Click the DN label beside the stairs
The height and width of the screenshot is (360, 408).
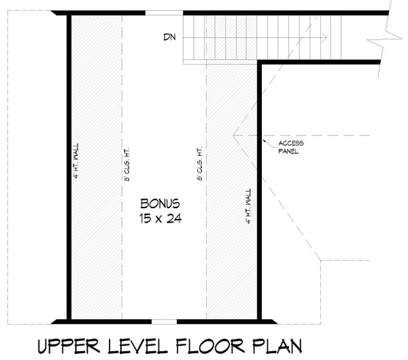coord(170,37)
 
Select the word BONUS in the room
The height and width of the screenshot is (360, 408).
coord(160,203)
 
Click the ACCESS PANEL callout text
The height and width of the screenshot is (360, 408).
coord(290,148)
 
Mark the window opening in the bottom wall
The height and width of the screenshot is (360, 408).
coord(163,320)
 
